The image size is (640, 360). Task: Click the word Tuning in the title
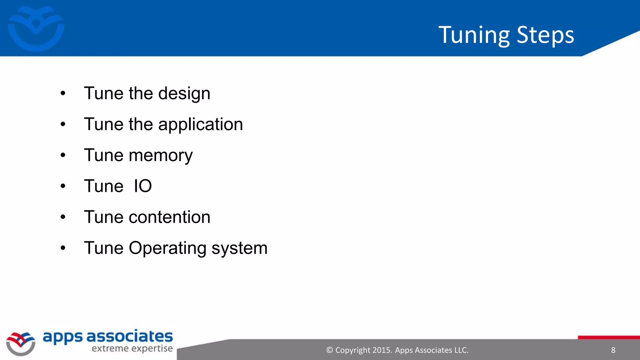[474, 35]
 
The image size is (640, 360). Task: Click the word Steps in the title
[545, 35]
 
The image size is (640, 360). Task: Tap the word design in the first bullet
[184, 93]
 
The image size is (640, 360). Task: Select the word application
[200, 125]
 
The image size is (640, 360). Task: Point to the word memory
[161, 155]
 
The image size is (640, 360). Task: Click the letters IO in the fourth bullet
[143, 186]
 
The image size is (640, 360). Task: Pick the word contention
[169, 217]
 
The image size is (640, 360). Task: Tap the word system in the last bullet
[239, 248]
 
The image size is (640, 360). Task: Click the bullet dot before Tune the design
[63, 93]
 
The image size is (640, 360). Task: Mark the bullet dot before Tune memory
[63, 155]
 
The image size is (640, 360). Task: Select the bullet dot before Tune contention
[63, 217]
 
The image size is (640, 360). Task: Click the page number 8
[613, 350]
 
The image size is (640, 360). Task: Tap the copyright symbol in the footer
[329, 350]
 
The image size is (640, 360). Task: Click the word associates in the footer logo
[129, 337]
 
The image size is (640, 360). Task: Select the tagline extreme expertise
[132, 349]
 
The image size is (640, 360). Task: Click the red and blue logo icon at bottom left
[21, 343]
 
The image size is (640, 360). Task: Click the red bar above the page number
[609, 337]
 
